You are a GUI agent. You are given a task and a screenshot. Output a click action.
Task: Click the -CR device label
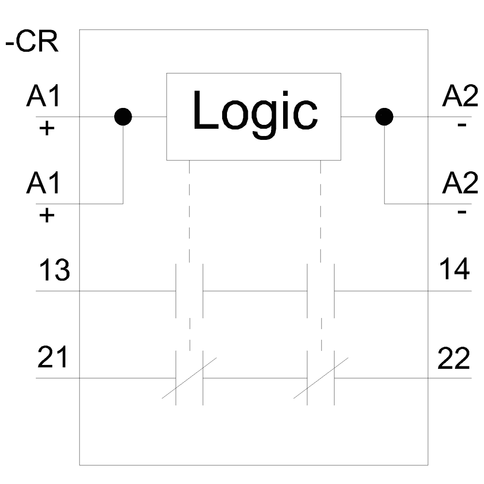[31, 43]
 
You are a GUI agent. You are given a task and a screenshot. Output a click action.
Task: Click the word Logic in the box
[255, 113]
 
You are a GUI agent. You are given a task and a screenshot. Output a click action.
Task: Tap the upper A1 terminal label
[44, 97]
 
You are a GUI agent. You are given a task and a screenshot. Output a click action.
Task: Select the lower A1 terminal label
[44, 184]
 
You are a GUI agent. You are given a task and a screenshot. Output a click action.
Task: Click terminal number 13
[54, 271]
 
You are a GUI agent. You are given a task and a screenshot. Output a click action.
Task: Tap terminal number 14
[454, 270]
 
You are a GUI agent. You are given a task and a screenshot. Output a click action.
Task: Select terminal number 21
[53, 359]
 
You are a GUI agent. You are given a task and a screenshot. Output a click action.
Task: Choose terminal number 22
[454, 359]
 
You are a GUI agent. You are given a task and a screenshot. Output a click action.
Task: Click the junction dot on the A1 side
[123, 117]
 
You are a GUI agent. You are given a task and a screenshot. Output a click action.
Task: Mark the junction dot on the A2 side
[384, 117]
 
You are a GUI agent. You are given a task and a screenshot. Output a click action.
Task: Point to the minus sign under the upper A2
[462, 126]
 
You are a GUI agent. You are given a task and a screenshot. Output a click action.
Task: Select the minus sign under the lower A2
[462, 212]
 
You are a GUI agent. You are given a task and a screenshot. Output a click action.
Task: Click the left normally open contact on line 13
[189, 291]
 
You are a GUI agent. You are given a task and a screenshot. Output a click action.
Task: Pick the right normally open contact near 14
[321, 291]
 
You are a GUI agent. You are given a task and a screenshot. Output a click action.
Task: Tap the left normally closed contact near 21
[189, 378]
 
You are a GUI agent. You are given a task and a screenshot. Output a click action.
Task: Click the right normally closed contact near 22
[321, 378]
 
